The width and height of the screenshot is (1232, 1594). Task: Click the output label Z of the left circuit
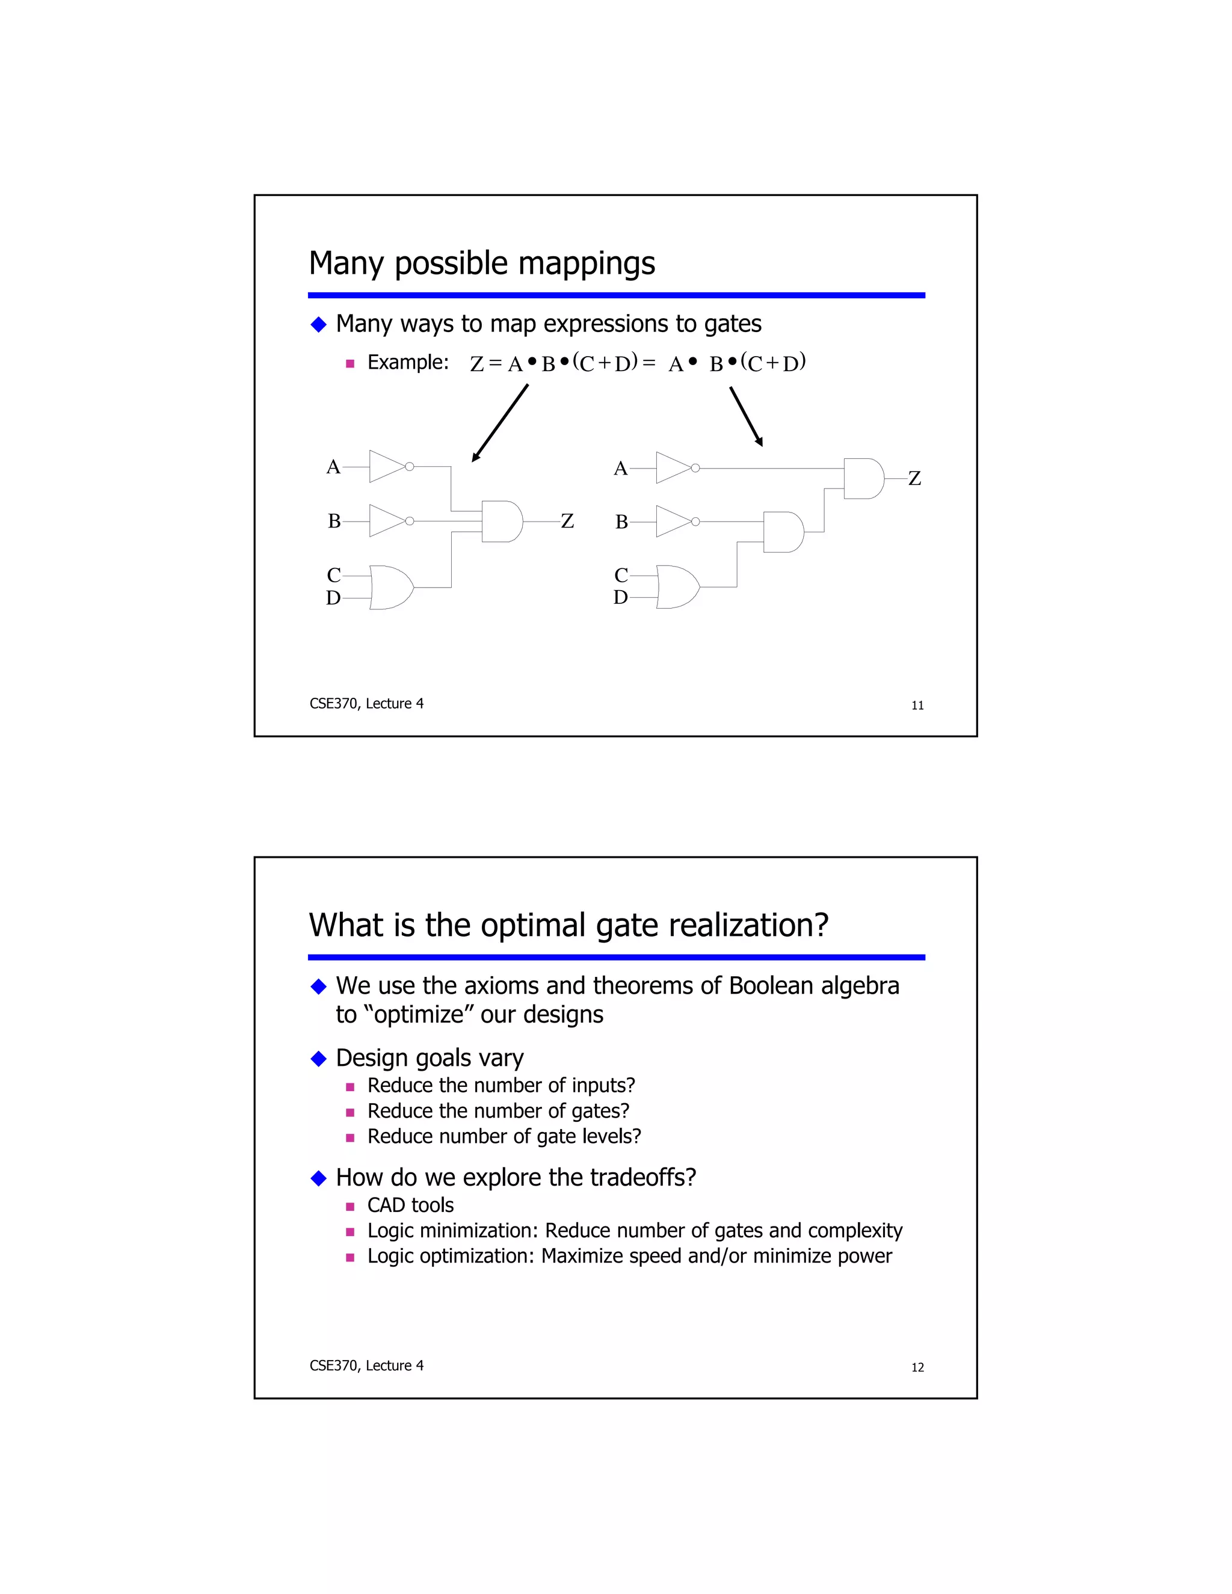pos(567,521)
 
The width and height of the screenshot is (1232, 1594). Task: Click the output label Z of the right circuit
pos(914,479)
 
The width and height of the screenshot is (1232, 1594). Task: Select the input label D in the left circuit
pos(333,599)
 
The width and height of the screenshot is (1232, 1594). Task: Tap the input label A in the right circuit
pos(620,469)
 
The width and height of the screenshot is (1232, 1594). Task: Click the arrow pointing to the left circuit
pos(500,423)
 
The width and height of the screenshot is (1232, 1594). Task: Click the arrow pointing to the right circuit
pos(746,416)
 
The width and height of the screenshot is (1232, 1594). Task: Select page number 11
pos(917,705)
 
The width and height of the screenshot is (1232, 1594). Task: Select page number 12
pos(917,1367)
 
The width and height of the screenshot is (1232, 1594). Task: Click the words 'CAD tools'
pos(410,1205)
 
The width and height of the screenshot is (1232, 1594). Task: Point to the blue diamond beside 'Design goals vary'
pos(318,1058)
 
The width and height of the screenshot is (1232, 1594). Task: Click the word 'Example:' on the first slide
pos(408,362)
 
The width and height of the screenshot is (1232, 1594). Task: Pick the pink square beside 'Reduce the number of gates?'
pos(350,1112)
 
